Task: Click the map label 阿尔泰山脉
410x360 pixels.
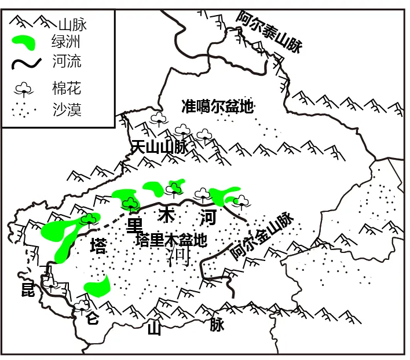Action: (269, 32)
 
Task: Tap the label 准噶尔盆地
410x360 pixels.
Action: (217, 106)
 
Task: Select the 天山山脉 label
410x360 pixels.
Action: (160, 147)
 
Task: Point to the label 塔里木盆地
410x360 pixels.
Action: (171, 240)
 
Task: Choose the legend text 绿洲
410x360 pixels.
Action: (65, 42)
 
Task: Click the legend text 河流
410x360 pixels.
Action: (65, 61)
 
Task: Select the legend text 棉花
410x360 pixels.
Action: (65, 89)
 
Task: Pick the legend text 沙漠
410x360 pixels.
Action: (65, 109)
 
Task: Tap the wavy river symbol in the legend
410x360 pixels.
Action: (25, 61)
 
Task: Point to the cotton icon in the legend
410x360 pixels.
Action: (24, 89)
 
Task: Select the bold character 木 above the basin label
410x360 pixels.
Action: (166, 216)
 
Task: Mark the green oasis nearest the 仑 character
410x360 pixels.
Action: (98, 286)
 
